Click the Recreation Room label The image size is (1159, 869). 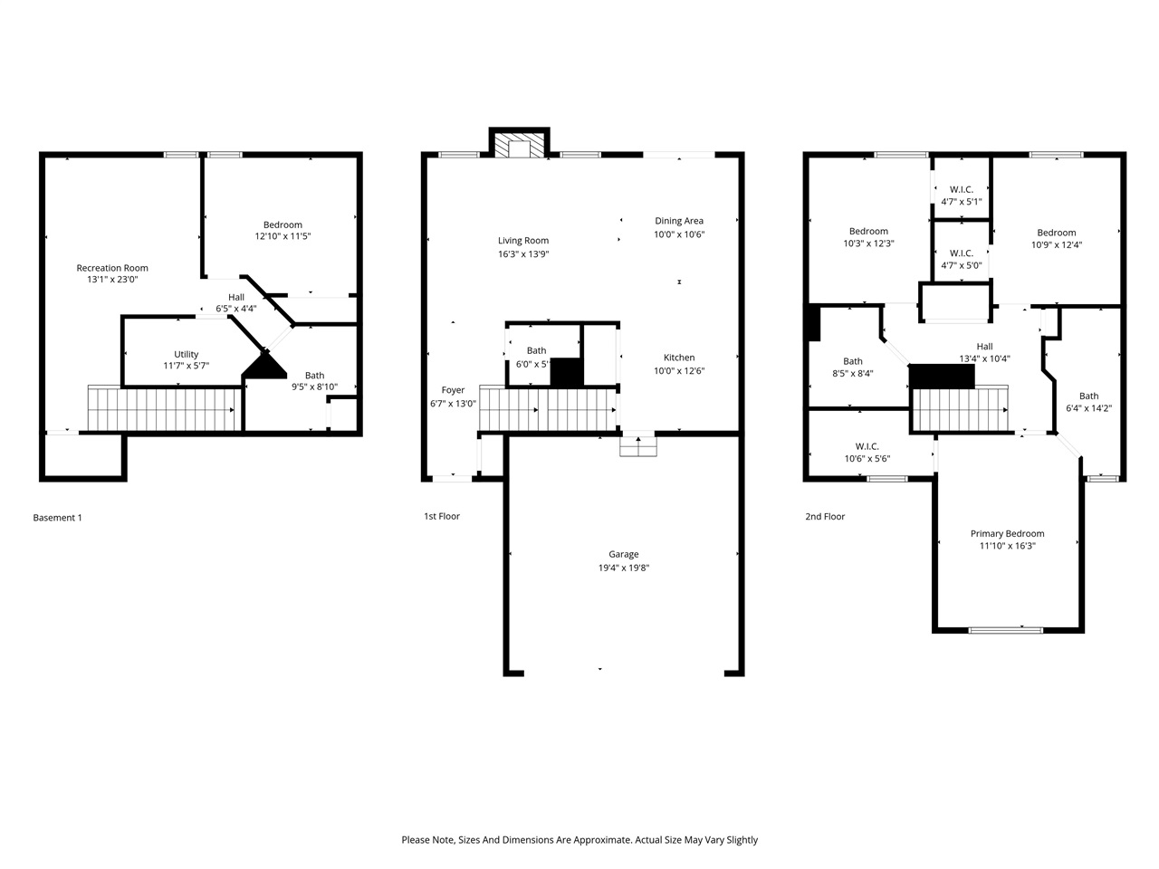[x=112, y=268]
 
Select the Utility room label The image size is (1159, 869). [x=187, y=354]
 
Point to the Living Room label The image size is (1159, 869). [x=523, y=241]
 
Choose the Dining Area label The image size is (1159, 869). [x=679, y=221]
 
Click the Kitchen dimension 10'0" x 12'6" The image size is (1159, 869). [x=679, y=370]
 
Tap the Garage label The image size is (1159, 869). [x=623, y=554]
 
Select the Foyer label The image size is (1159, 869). [x=453, y=390]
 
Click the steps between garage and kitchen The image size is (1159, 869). [x=637, y=445]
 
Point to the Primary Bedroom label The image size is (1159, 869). [x=1007, y=534]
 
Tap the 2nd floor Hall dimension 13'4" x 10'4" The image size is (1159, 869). [x=984, y=358]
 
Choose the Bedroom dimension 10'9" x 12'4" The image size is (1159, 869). [x=1057, y=244]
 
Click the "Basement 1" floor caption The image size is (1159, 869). [x=57, y=518]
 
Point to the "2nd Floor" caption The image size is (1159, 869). [x=825, y=517]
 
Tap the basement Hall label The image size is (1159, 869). [x=235, y=297]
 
